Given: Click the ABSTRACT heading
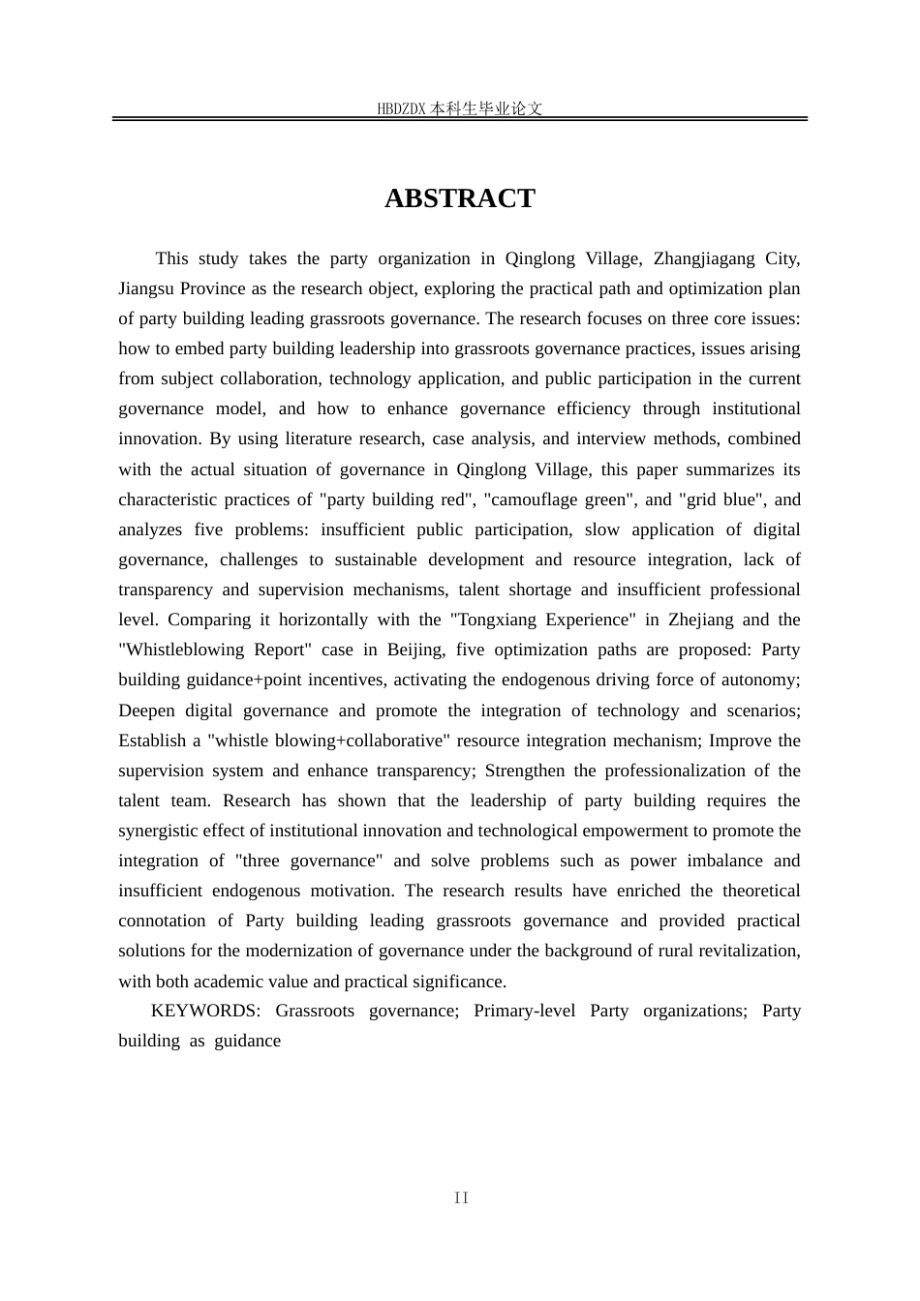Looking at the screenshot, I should point(459,198).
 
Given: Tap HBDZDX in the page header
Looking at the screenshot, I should point(401,109).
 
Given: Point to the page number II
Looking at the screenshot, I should point(461,1198).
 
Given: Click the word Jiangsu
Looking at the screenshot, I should point(147,288).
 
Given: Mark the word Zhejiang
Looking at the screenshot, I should point(704,620).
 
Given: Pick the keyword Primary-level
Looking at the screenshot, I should point(524,1011).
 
